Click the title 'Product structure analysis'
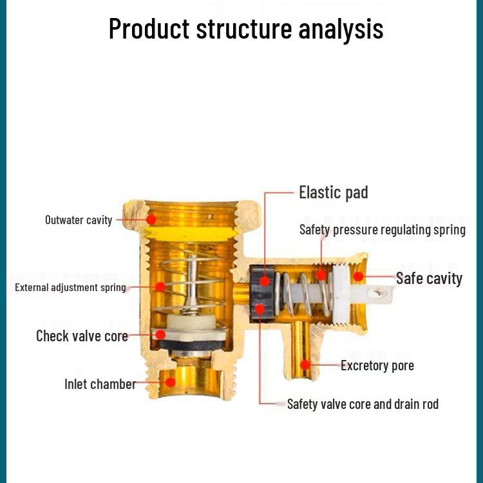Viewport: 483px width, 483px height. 245,29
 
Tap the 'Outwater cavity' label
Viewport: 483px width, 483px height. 79,220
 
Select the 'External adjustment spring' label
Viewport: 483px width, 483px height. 70,287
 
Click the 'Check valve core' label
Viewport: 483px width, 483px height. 82,336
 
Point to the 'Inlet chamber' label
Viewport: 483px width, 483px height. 100,384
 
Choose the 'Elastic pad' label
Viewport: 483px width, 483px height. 333,192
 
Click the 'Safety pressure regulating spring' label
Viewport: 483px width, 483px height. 382,229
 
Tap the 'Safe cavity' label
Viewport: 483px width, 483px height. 429,278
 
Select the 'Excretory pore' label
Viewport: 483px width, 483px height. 377,365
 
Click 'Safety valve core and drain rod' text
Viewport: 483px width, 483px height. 363,404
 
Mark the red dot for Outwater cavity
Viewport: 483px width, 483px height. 151,220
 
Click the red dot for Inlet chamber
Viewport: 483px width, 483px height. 171,382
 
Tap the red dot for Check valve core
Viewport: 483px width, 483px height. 160,335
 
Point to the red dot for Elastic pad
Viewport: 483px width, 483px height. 264,281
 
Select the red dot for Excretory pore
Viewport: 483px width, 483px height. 306,365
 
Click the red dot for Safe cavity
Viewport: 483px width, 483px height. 359,278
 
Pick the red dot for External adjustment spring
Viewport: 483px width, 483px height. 160,287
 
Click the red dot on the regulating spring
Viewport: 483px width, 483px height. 321,276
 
